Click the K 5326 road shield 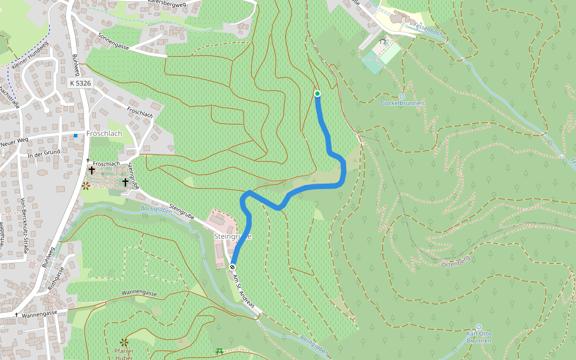pyautogui.click(x=80, y=83)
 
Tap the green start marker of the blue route pyautogui.click(x=317, y=93)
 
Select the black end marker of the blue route pyautogui.click(x=232, y=266)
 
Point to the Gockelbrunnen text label pyautogui.click(x=402, y=103)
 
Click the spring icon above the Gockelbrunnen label pyautogui.click(x=402, y=96)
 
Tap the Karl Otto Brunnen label pyautogui.click(x=479, y=337)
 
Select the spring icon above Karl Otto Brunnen pyautogui.click(x=479, y=327)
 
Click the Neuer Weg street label pyautogui.click(x=14, y=143)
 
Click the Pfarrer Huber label pyautogui.click(x=124, y=354)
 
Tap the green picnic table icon pyautogui.click(x=220, y=351)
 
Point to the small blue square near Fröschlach pyautogui.click(x=76, y=136)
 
